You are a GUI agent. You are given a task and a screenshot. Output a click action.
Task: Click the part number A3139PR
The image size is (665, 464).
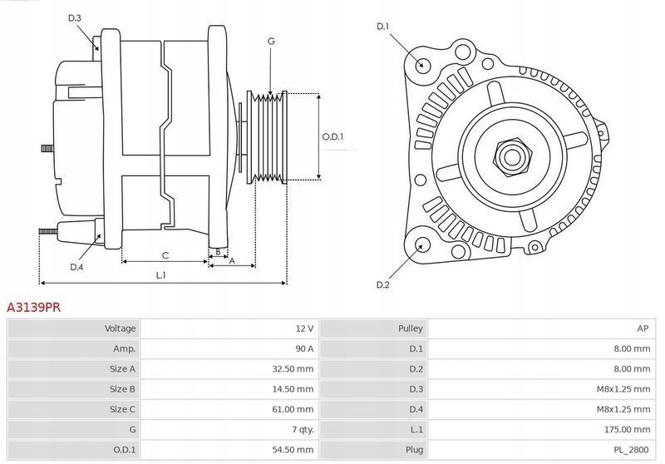click(x=33, y=307)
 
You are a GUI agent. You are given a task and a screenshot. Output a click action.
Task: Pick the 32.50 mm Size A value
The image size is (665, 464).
click(x=293, y=368)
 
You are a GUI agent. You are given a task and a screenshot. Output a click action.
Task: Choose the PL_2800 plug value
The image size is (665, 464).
click(x=633, y=449)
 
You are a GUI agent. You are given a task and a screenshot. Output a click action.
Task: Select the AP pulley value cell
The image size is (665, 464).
click(x=643, y=328)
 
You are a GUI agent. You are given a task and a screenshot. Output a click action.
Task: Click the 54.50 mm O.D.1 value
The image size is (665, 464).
click(x=293, y=449)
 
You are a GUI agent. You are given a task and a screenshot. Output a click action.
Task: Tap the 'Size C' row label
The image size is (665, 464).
click(x=122, y=409)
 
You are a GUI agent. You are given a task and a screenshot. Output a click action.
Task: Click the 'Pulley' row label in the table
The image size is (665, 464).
click(x=411, y=328)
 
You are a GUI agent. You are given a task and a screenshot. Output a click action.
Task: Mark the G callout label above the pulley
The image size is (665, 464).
click(x=271, y=41)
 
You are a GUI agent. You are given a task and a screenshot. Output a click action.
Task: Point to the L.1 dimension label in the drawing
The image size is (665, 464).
click(x=161, y=275)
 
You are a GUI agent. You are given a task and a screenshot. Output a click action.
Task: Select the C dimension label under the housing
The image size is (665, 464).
click(x=165, y=254)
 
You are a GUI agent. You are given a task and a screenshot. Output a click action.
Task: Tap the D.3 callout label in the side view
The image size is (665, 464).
click(x=75, y=17)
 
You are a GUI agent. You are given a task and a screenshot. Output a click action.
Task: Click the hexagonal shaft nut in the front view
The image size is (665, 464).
click(x=509, y=155)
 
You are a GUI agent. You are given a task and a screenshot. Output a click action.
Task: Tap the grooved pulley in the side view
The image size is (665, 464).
click(x=268, y=136)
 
